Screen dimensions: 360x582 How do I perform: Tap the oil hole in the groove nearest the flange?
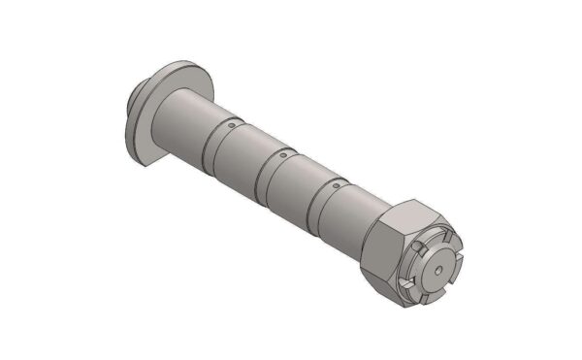click(232, 125)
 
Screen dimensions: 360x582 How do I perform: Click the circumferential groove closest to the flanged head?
click(213, 145)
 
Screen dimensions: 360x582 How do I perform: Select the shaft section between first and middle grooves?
click(241, 155)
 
